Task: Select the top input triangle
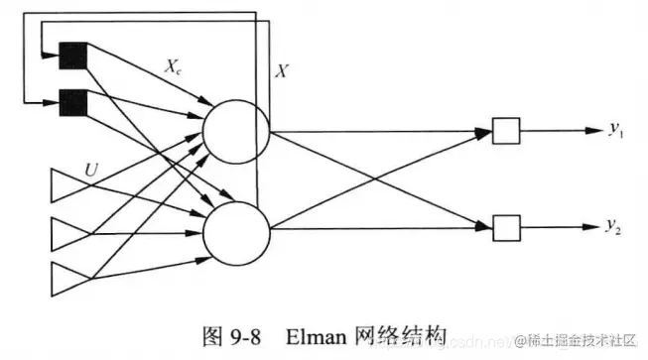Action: click(67, 186)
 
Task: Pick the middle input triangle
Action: click(67, 233)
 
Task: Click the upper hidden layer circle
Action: click(235, 130)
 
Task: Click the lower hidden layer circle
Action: click(235, 228)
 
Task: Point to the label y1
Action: click(615, 129)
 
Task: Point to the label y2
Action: click(615, 228)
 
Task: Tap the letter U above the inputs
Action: click(92, 171)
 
